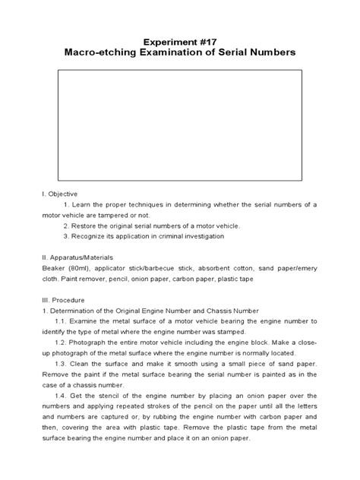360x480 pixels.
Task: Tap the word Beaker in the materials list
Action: click(x=53, y=268)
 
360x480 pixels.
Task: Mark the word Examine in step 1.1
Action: click(x=89, y=321)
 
